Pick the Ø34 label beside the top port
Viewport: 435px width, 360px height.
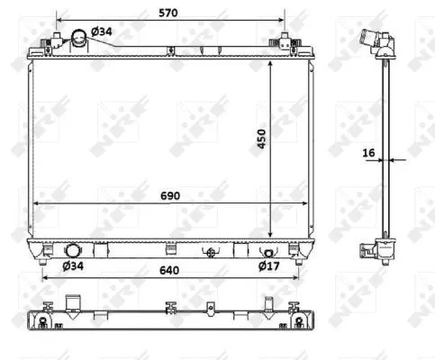pyautogui.click(x=103, y=32)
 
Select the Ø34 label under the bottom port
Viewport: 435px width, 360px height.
pyautogui.click(x=73, y=265)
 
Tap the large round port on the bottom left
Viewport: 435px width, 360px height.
pyautogui.click(x=72, y=251)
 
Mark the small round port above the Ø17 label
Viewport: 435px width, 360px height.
pyautogui.click(x=267, y=252)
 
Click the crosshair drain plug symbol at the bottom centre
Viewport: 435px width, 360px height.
pyautogui.click(x=212, y=252)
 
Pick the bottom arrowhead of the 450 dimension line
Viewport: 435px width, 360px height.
pyautogui.click(x=270, y=232)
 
